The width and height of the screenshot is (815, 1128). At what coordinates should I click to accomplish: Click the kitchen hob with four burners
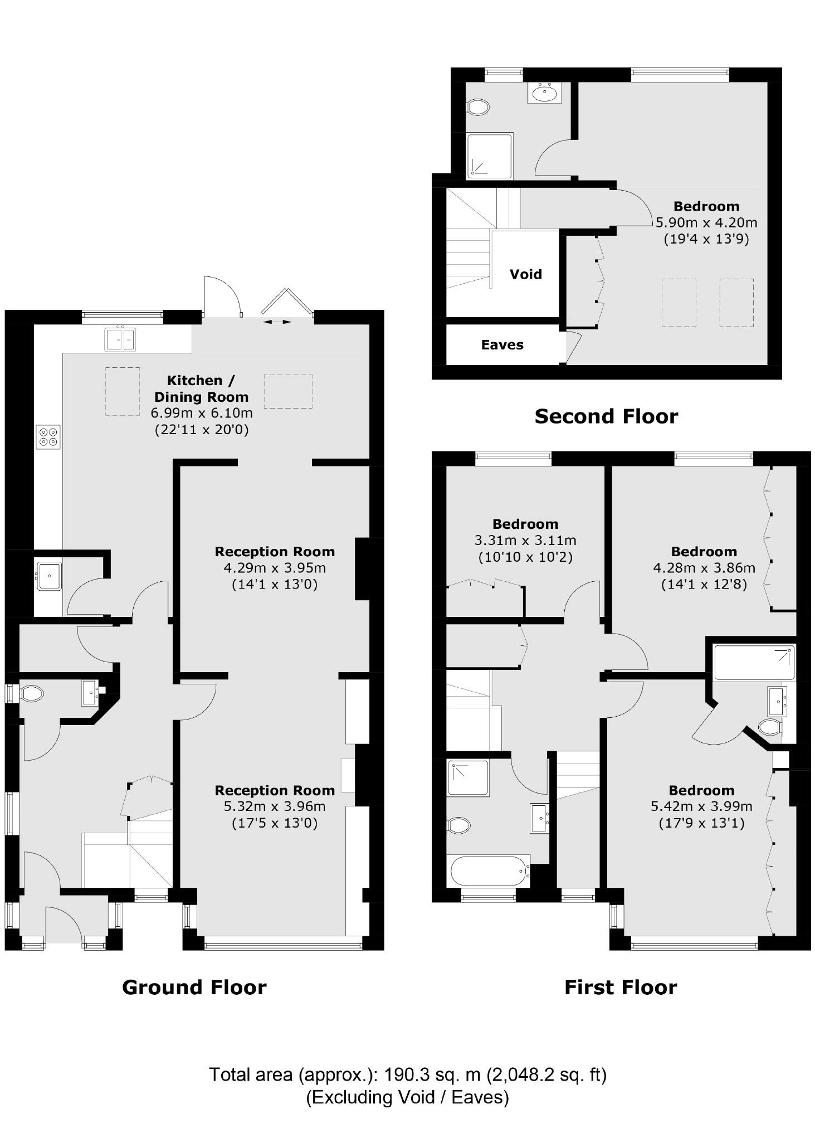point(48,436)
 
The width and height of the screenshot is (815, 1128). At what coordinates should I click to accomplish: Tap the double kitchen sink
point(120,339)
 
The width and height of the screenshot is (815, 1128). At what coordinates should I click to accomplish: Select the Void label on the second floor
point(525,274)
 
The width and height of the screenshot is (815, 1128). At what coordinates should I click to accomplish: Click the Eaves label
point(502,345)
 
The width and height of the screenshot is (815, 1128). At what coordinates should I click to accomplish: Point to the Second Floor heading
point(606,416)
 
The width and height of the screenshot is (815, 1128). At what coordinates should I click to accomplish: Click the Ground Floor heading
point(194,987)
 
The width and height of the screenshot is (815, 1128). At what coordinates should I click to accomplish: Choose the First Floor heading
point(621,987)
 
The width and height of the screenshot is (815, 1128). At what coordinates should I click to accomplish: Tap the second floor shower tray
point(490,156)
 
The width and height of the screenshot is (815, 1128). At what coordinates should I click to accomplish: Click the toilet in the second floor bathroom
point(478,106)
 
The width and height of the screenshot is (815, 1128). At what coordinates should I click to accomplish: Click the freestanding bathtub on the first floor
point(489,871)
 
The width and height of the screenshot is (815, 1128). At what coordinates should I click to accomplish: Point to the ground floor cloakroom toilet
point(32,694)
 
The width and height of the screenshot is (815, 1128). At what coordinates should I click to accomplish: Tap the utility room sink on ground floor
point(49,576)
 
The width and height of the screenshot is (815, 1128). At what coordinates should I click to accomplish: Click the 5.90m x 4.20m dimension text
point(706,223)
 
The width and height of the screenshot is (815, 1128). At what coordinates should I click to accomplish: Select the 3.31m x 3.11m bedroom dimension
point(525,540)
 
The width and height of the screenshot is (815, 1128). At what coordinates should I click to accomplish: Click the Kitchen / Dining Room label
point(201,388)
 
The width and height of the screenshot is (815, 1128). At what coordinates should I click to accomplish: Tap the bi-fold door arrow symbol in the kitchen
point(277,322)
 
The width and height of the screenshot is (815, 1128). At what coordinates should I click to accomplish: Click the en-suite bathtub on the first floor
point(754,662)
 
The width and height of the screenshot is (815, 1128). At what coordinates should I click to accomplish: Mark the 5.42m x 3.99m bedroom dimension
point(701,806)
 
